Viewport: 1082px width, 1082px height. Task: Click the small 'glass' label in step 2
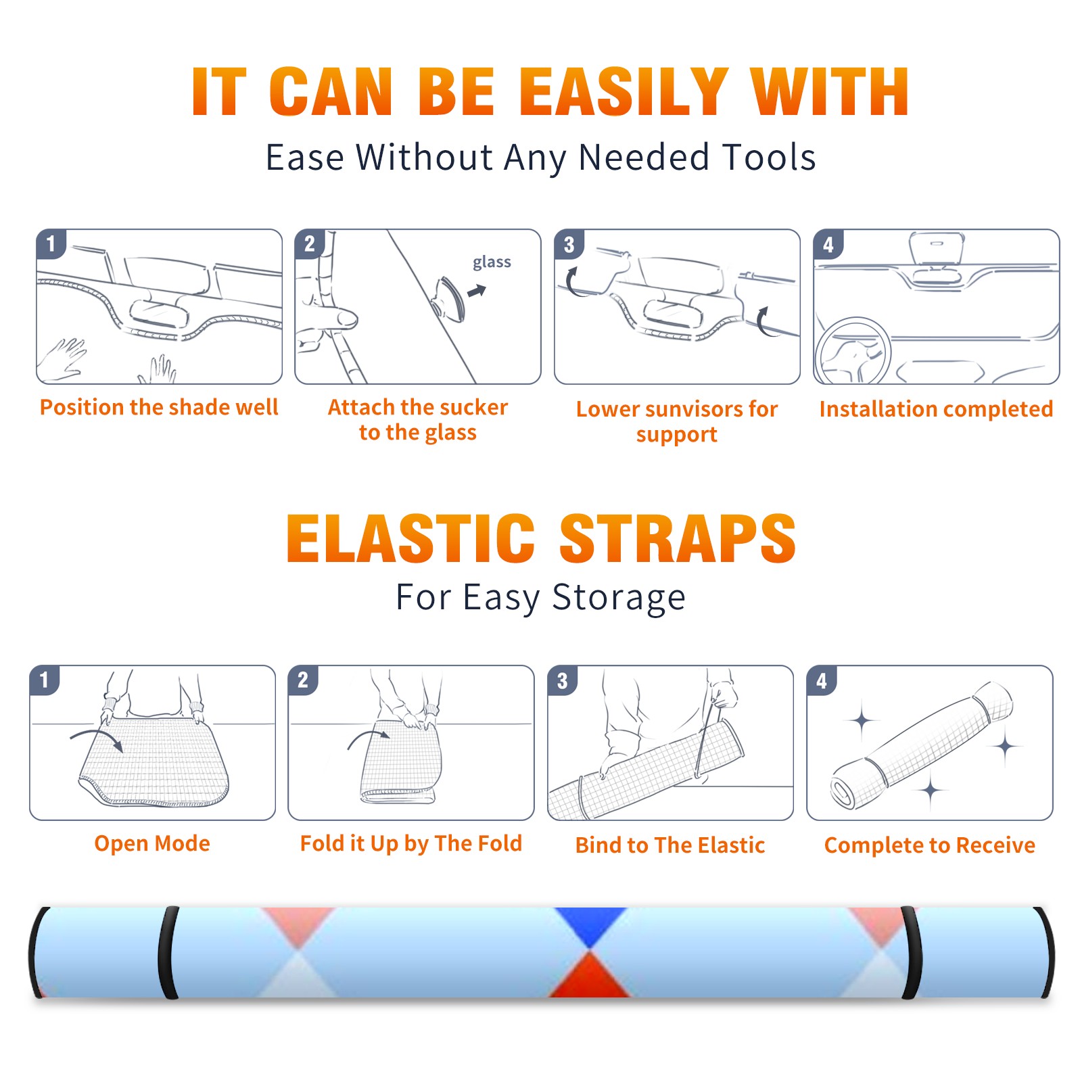point(492,262)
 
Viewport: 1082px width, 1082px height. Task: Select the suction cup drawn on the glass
point(449,299)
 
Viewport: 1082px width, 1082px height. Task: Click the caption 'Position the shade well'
point(159,407)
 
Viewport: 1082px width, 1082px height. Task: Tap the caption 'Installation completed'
point(936,408)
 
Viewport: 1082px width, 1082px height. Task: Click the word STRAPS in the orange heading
point(678,538)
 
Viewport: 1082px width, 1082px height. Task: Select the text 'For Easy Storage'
point(541,597)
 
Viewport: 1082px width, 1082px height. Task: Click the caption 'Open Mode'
point(152,843)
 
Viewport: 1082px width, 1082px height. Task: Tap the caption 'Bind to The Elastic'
point(670,845)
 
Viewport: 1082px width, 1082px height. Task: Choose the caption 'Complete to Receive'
point(930,845)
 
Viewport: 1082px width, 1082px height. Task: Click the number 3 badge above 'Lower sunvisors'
point(569,244)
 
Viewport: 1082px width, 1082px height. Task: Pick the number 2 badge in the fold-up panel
point(303,680)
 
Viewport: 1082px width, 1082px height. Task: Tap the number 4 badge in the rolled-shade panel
point(822,680)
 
